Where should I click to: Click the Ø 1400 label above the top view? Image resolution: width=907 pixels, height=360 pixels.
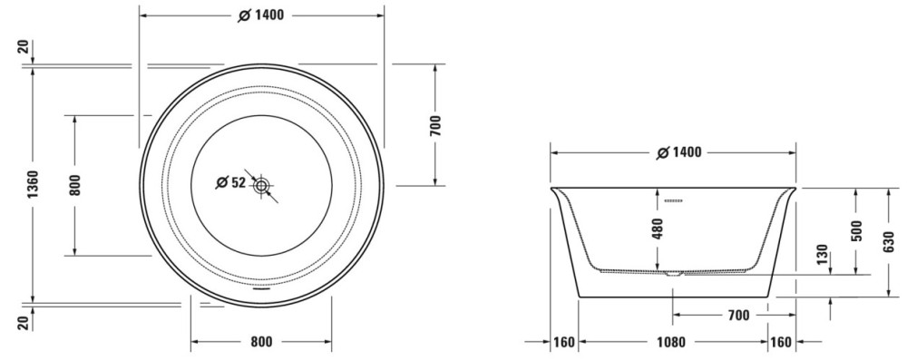click(261, 15)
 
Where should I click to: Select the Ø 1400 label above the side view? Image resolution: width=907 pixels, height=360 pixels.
click(679, 153)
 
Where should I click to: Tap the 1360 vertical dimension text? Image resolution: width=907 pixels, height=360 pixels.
click(33, 185)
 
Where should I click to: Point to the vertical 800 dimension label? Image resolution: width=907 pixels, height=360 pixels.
click(75, 185)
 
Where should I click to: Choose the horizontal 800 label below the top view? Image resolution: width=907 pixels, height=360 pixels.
click(261, 342)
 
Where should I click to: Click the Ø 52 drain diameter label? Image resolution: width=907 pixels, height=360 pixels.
click(230, 183)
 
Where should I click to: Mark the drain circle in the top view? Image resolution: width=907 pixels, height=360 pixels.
click(261, 186)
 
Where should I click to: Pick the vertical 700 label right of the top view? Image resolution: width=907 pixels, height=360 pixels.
click(435, 126)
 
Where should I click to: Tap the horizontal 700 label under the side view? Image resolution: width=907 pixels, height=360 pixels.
click(738, 316)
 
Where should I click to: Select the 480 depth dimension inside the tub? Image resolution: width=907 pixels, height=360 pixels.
click(657, 229)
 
